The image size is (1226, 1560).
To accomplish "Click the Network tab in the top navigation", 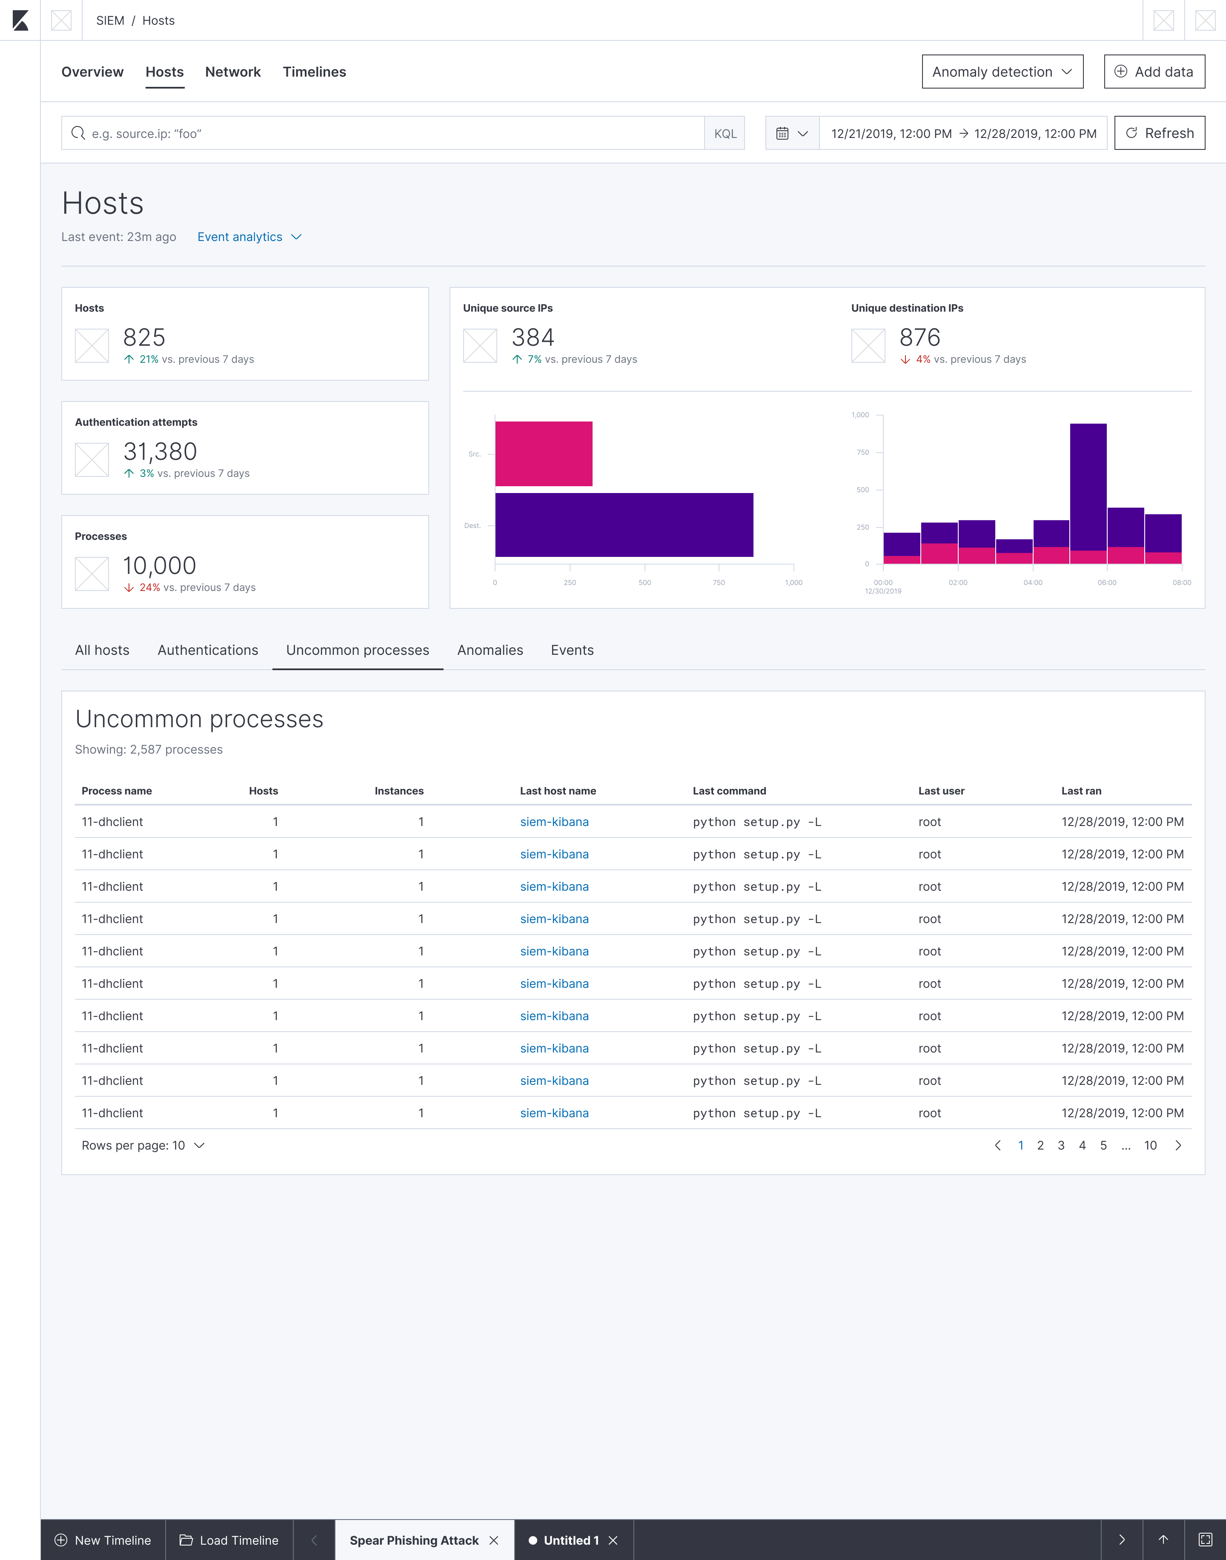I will coord(232,72).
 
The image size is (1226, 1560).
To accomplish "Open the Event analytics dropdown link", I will coord(248,237).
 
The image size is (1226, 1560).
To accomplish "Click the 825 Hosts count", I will coord(144,337).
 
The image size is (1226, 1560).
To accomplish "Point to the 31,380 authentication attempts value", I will coord(160,452).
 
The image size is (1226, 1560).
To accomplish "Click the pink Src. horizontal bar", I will coord(543,454).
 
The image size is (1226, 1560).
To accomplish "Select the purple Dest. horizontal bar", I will coord(624,525).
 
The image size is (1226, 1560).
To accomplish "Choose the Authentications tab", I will coord(207,651).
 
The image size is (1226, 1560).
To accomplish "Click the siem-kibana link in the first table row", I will coord(554,822).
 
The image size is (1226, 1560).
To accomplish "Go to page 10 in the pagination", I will coord(1150,1146).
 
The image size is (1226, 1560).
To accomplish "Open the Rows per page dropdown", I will coord(143,1146).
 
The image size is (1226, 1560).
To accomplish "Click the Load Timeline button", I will coord(229,1540).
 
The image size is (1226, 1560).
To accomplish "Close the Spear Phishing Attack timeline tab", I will coord(494,1540).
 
